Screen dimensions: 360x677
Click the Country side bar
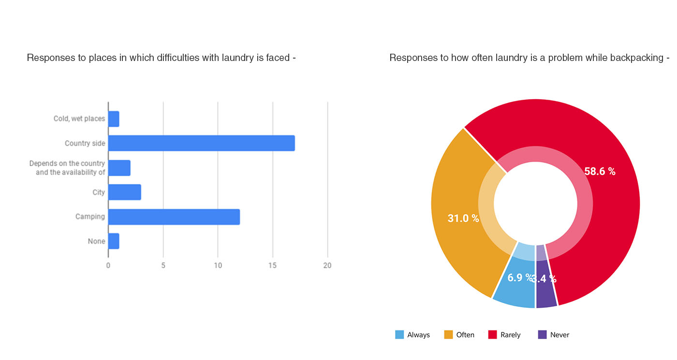tap(201, 143)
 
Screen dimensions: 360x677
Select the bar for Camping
tap(174, 217)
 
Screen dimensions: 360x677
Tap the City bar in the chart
tap(124, 192)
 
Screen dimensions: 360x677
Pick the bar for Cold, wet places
tap(113, 119)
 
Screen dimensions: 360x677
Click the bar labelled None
tap(113, 241)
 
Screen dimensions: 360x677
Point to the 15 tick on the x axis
tap(273, 266)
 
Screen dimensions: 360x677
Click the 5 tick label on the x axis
tap(163, 266)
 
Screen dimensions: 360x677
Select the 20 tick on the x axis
tap(327, 266)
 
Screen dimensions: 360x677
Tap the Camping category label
tap(90, 217)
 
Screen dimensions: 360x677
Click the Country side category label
tap(85, 143)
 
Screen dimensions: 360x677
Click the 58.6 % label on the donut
tap(600, 171)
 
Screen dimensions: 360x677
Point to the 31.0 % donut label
tap(463, 218)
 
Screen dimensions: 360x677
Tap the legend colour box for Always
tap(399, 335)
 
